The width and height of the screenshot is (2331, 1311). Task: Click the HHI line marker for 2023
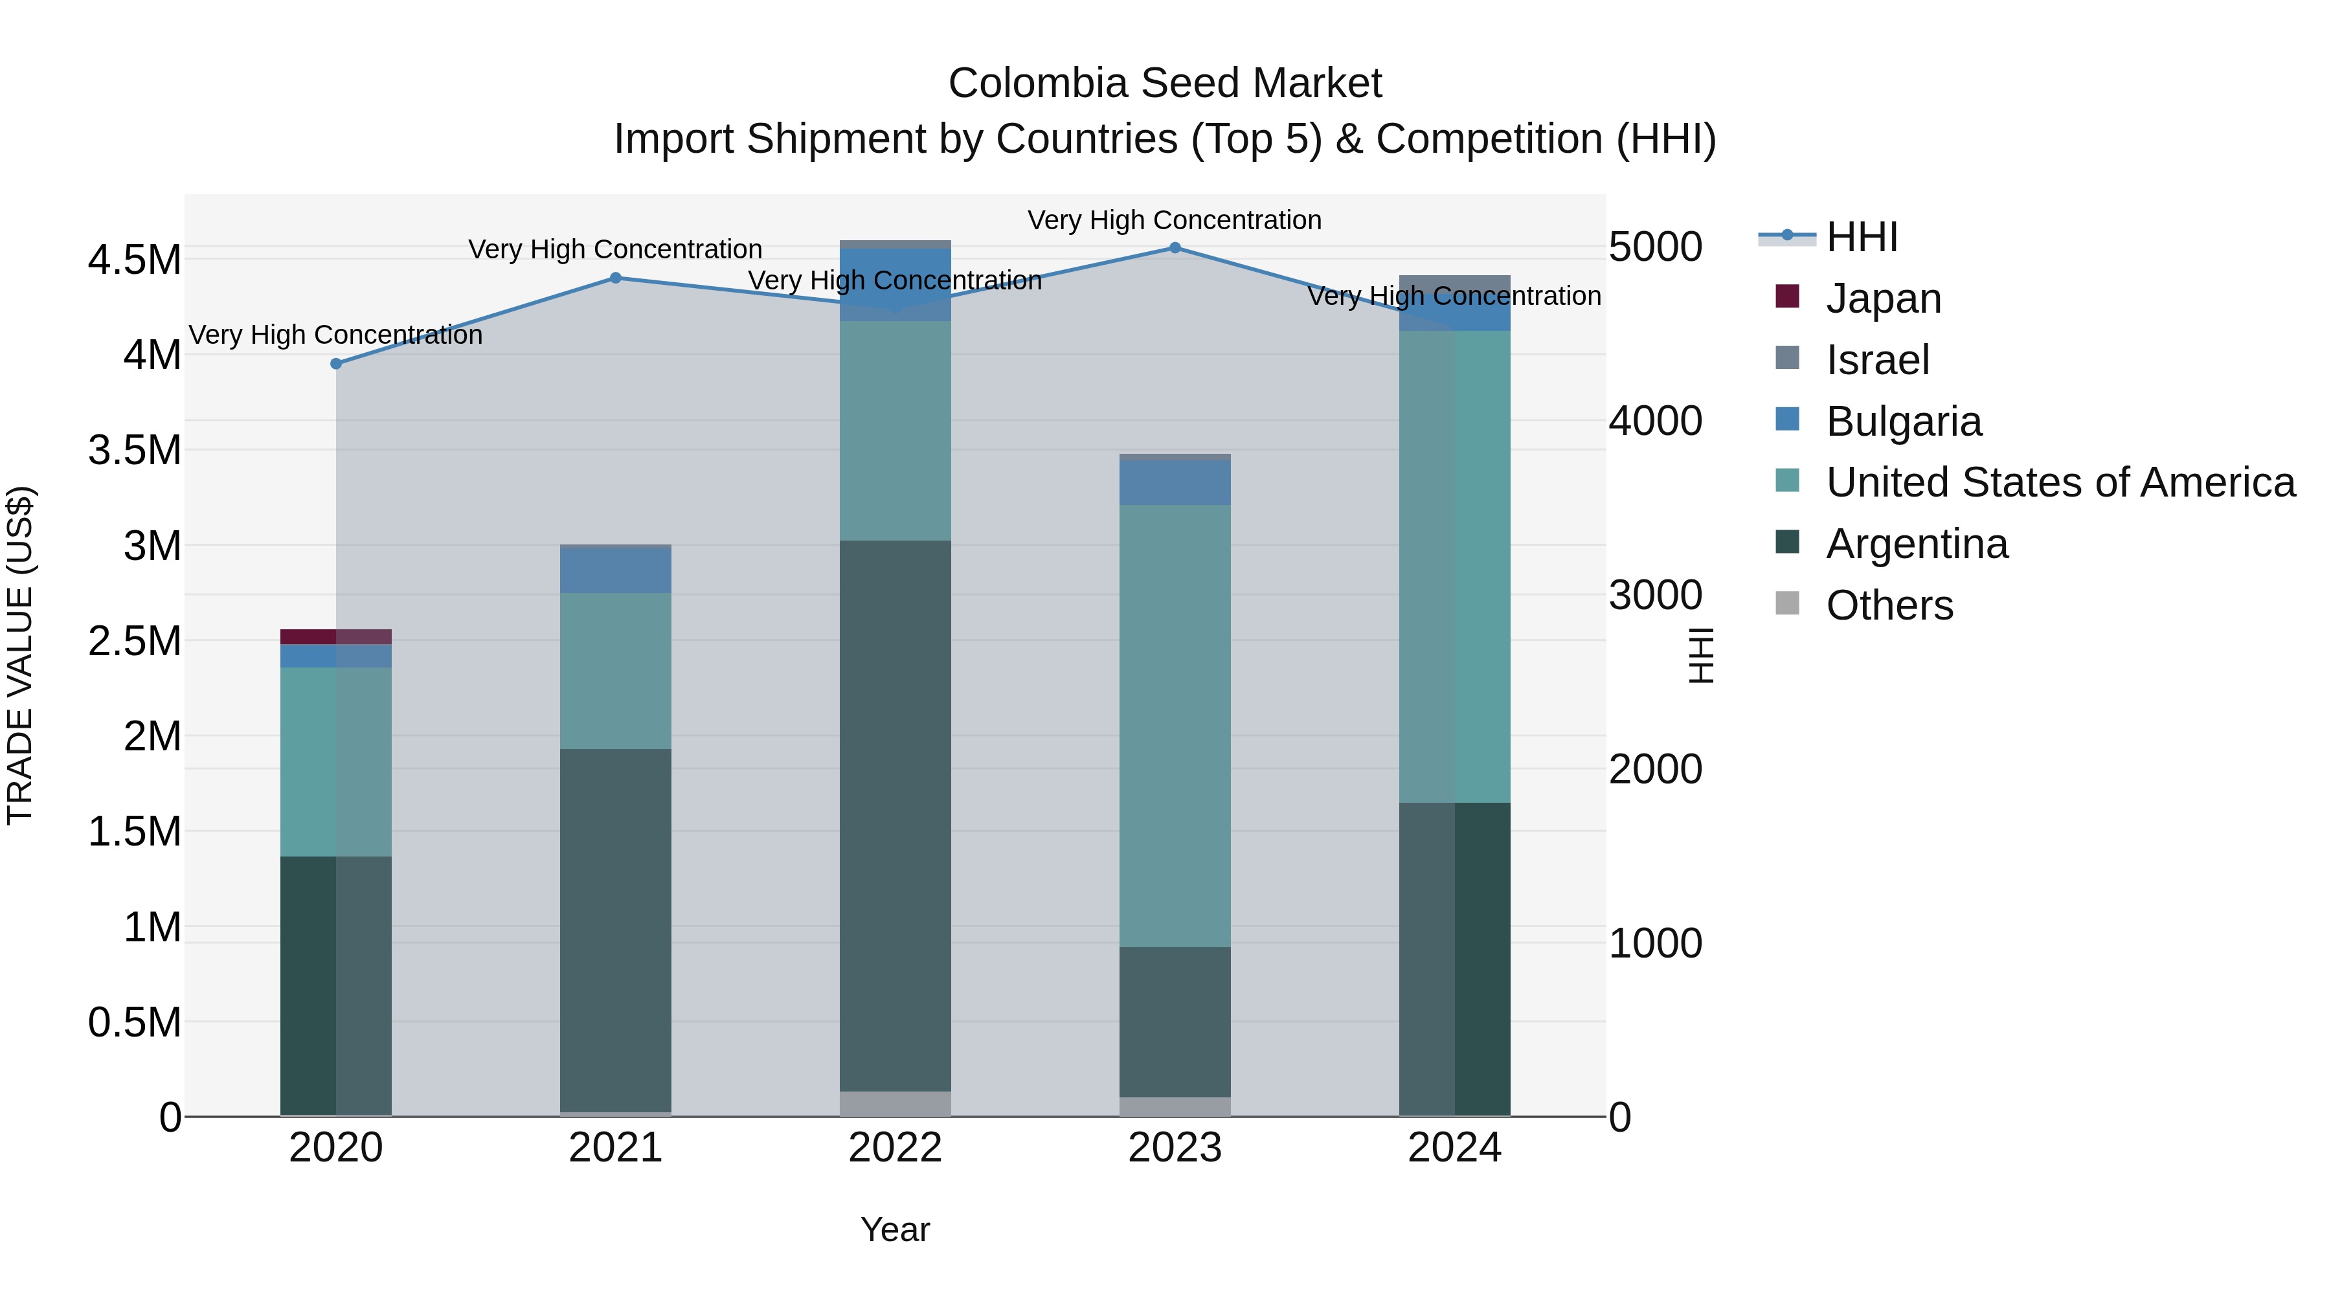(1175, 248)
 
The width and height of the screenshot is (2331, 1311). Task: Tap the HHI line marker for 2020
(335, 364)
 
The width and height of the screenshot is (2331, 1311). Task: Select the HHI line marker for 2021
(615, 278)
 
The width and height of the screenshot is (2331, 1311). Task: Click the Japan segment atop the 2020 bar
(335, 636)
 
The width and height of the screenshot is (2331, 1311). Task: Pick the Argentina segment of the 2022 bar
(895, 814)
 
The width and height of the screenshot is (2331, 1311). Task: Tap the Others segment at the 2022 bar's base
(895, 1103)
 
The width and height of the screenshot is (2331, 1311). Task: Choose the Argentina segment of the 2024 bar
(1454, 959)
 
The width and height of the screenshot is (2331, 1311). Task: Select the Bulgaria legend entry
(1903, 421)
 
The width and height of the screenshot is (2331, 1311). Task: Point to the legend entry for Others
(1889, 605)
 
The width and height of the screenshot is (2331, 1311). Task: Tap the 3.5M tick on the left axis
(135, 451)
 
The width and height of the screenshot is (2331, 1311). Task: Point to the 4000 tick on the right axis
(1655, 421)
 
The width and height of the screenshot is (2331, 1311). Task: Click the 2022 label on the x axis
(895, 1148)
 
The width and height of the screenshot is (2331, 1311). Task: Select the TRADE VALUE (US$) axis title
(20, 655)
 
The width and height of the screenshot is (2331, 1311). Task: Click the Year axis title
(895, 1229)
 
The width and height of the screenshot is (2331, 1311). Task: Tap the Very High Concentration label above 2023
(1175, 220)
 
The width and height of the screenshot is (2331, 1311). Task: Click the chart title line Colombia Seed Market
(1165, 84)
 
